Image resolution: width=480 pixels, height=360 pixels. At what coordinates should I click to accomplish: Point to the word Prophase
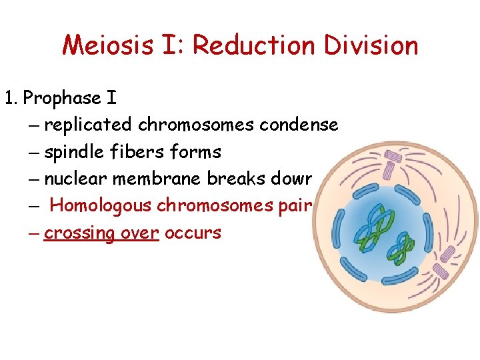coord(61,99)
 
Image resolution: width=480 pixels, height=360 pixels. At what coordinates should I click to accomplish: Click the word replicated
coord(89,125)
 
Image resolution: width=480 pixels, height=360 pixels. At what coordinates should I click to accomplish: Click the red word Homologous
coord(101,206)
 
